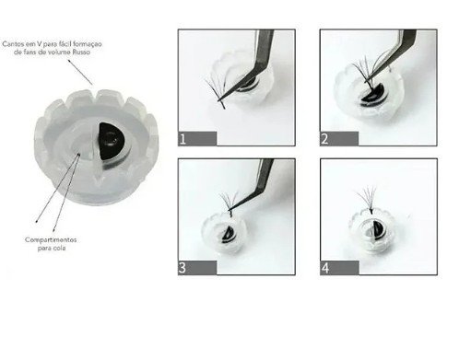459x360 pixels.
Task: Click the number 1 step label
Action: click(x=182, y=139)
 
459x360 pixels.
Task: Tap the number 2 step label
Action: click(x=324, y=139)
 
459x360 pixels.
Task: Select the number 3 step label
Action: click(x=182, y=268)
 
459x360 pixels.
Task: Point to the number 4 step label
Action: click(x=325, y=268)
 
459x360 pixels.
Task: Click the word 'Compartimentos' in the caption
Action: click(x=51, y=239)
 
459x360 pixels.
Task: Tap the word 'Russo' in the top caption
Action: click(x=81, y=52)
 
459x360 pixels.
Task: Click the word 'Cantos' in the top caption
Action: click(x=12, y=44)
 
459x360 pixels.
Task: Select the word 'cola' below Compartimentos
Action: click(x=60, y=248)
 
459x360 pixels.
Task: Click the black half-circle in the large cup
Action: click(x=110, y=141)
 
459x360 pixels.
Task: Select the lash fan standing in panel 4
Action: click(x=368, y=199)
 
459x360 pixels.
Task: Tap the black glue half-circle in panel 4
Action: click(x=378, y=229)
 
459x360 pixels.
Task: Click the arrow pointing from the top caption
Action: click(x=80, y=72)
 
